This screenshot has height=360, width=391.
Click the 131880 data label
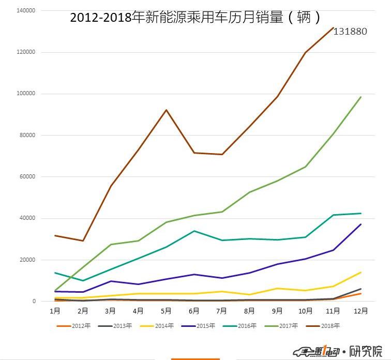click(350, 32)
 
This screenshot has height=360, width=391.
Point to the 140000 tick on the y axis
click(25, 10)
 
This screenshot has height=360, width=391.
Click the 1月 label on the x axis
click(54, 311)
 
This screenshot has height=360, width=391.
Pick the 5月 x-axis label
click(166, 311)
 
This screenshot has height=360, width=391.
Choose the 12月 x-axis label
click(360, 311)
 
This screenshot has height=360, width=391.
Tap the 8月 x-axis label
click(249, 311)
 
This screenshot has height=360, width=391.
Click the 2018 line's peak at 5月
click(166, 110)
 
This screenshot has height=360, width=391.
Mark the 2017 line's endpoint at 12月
click(360, 97)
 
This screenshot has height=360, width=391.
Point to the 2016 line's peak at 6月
click(194, 231)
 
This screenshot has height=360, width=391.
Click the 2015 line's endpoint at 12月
click(360, 224)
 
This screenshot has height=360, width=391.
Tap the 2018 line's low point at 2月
click(82, 241)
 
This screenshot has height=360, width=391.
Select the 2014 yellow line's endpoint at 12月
click(360, 272)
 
